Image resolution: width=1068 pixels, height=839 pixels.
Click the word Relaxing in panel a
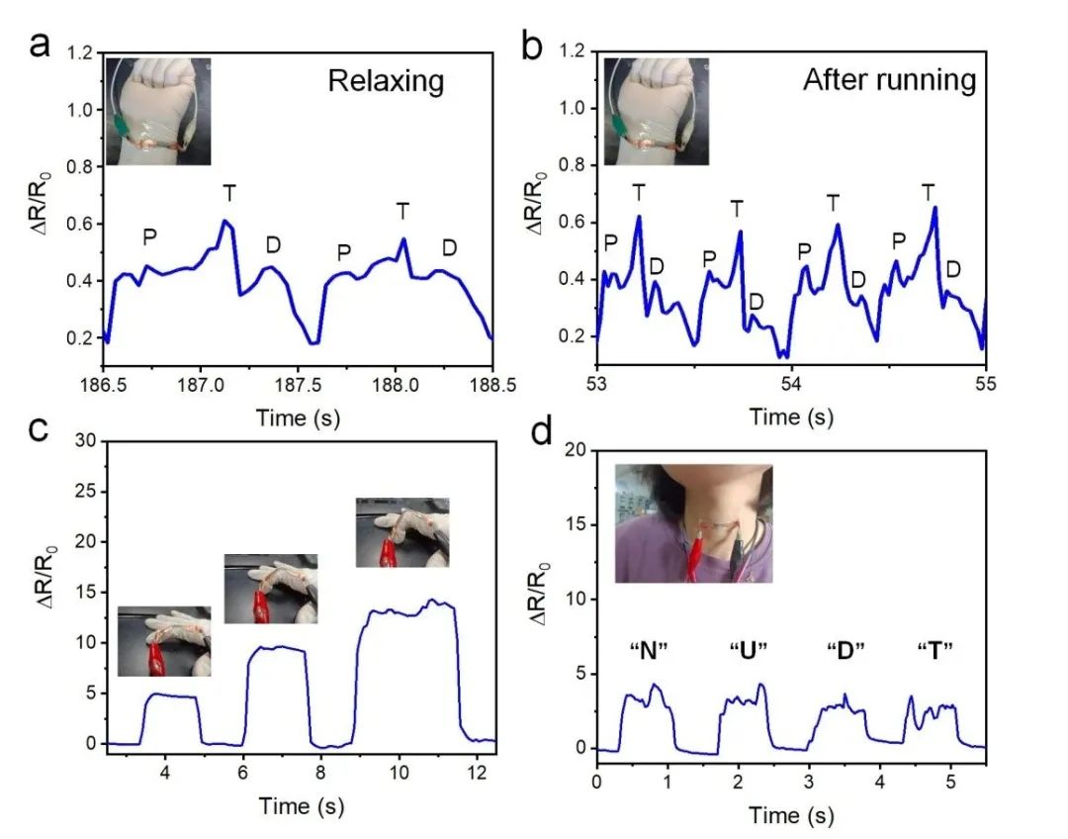click(x=386, y=80)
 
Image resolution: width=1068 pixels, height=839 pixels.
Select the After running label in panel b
click(x=889, y=80)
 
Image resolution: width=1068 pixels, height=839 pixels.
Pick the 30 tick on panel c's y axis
click(x=87, y=440)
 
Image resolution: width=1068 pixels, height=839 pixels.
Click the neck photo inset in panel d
click(x=693, y=522)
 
